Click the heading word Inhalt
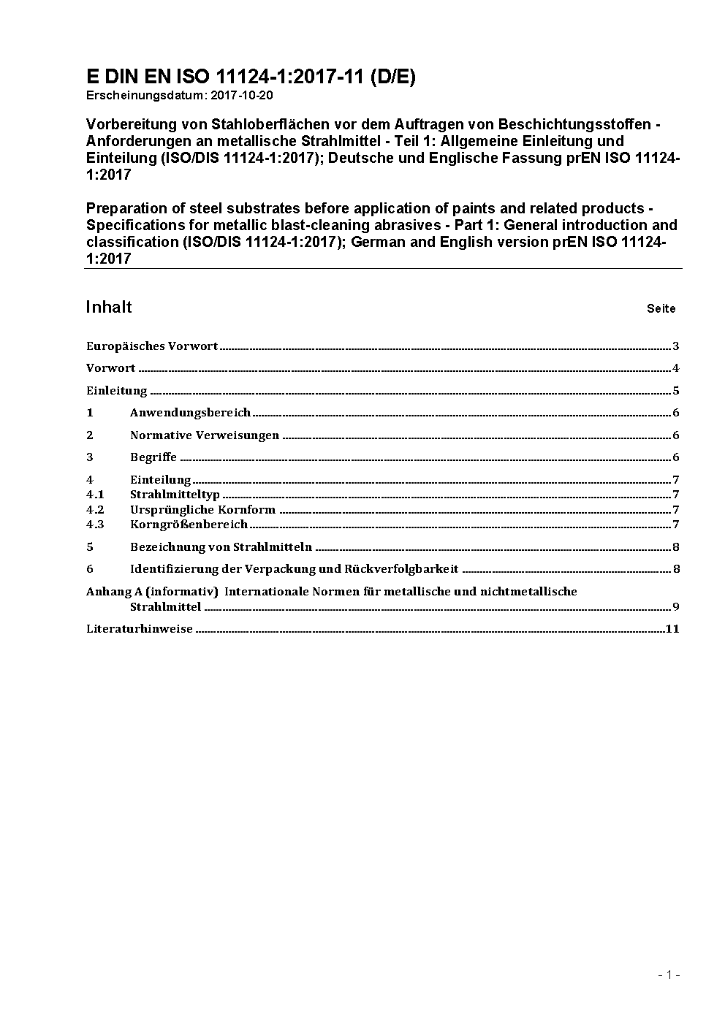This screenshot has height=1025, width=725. click(x=109, y=307)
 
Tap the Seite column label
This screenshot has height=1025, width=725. click(x=661, y=308)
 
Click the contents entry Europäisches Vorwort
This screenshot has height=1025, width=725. click(x=152, y=346)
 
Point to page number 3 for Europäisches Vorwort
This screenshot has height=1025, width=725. click(x=676, y=346)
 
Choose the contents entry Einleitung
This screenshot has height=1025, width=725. click(x=117, y=391)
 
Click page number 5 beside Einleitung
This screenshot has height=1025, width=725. click(x=676, y=391)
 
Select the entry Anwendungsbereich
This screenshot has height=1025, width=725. click(x=190, y=413)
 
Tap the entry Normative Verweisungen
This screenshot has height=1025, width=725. click(x=205, y=435)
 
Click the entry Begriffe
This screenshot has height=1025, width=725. click(x=153, y=457)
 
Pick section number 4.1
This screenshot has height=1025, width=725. click(x=95, y=495)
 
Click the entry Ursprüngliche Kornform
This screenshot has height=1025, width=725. click(x=202, y=510)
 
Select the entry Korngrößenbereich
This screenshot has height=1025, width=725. click(x=189, y=525)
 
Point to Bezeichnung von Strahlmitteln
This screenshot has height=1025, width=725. click(x=221, y=546)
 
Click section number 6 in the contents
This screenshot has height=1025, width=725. click(x=90, y=569)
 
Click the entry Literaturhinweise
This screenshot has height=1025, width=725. click(x=140, y=628)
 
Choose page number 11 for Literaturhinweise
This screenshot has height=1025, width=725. click(x=672, y=628)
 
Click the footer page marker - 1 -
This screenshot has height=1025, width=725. click(x=669, y=975)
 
